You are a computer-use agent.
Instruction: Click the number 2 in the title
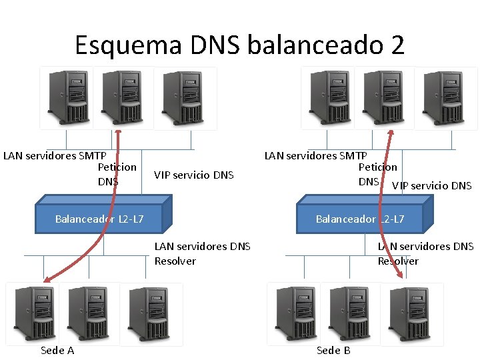(x=395, y=45)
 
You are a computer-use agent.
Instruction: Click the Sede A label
(x=57, y=350)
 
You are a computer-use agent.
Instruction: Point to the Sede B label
(x=333, y=350)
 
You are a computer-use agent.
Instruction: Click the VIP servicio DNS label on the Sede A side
(x=194, y=175)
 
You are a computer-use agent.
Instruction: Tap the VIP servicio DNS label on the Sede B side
(x=431, y=186)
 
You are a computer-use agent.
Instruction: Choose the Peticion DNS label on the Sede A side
(x=116, y=174)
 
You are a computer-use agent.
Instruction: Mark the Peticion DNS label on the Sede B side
(x=377, y=174)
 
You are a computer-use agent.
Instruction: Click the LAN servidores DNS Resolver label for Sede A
(x=202, y=253)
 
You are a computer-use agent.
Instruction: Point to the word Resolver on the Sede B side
(x=398, y=261)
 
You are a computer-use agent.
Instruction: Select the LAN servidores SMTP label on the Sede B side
(x=315, y=156)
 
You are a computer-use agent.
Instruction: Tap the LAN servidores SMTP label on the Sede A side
(x=55, y=156)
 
